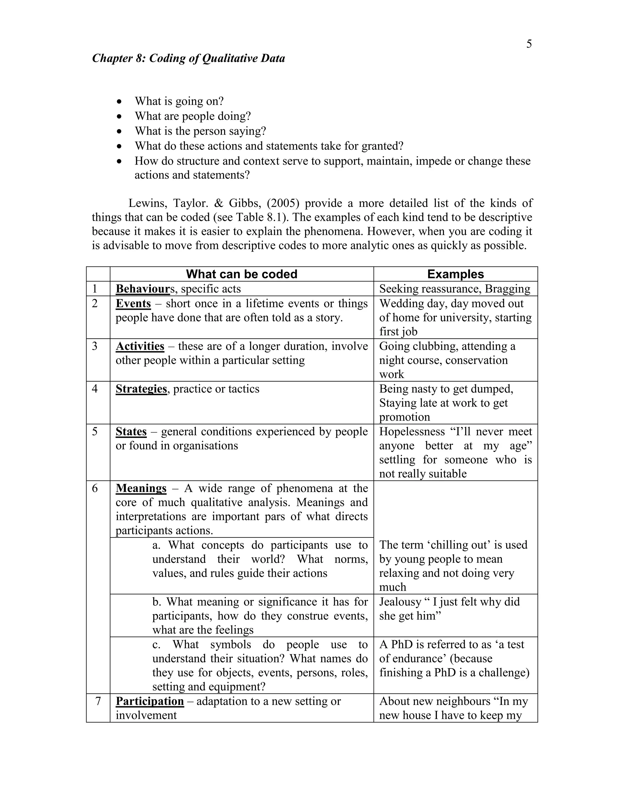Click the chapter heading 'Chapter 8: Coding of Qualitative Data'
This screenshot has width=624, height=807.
pos(188,58)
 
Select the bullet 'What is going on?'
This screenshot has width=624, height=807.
pos(179,101)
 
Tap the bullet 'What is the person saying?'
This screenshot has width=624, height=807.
pos(200,131)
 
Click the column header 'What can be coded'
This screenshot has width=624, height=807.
pos(241,274)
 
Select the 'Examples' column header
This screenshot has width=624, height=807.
pos(455,274)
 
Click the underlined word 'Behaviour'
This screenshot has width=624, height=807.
pos(142,289)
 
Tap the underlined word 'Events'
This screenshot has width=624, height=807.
pos(133,304)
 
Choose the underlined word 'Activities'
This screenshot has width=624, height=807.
pos(140,346)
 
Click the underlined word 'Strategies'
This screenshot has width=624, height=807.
pos(141,389)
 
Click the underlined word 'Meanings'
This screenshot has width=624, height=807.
pos(141,488)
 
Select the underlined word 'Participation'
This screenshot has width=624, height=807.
pos(149,701)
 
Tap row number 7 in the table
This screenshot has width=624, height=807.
pos(98,701)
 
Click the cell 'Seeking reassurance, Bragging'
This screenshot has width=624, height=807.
pos(454,289)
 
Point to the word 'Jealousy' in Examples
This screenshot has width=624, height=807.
pos(400,602)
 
